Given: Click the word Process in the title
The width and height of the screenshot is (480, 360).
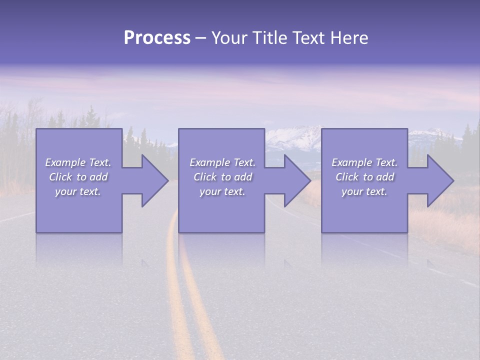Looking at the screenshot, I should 157,38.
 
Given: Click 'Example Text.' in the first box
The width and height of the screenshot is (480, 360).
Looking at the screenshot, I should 78,162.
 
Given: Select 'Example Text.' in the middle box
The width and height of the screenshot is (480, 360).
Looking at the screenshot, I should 222,162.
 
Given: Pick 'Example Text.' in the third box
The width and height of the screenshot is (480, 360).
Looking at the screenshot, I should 364,162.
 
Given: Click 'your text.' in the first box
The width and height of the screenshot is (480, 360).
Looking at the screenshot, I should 78,191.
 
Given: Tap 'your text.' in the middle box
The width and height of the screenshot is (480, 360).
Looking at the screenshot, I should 222,191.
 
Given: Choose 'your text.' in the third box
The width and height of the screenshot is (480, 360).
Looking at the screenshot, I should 364,191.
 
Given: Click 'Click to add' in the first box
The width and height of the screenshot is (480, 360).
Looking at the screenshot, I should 78,177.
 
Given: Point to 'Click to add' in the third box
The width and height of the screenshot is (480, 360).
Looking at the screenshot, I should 364,177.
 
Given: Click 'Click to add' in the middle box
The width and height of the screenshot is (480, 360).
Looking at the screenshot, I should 222,177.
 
